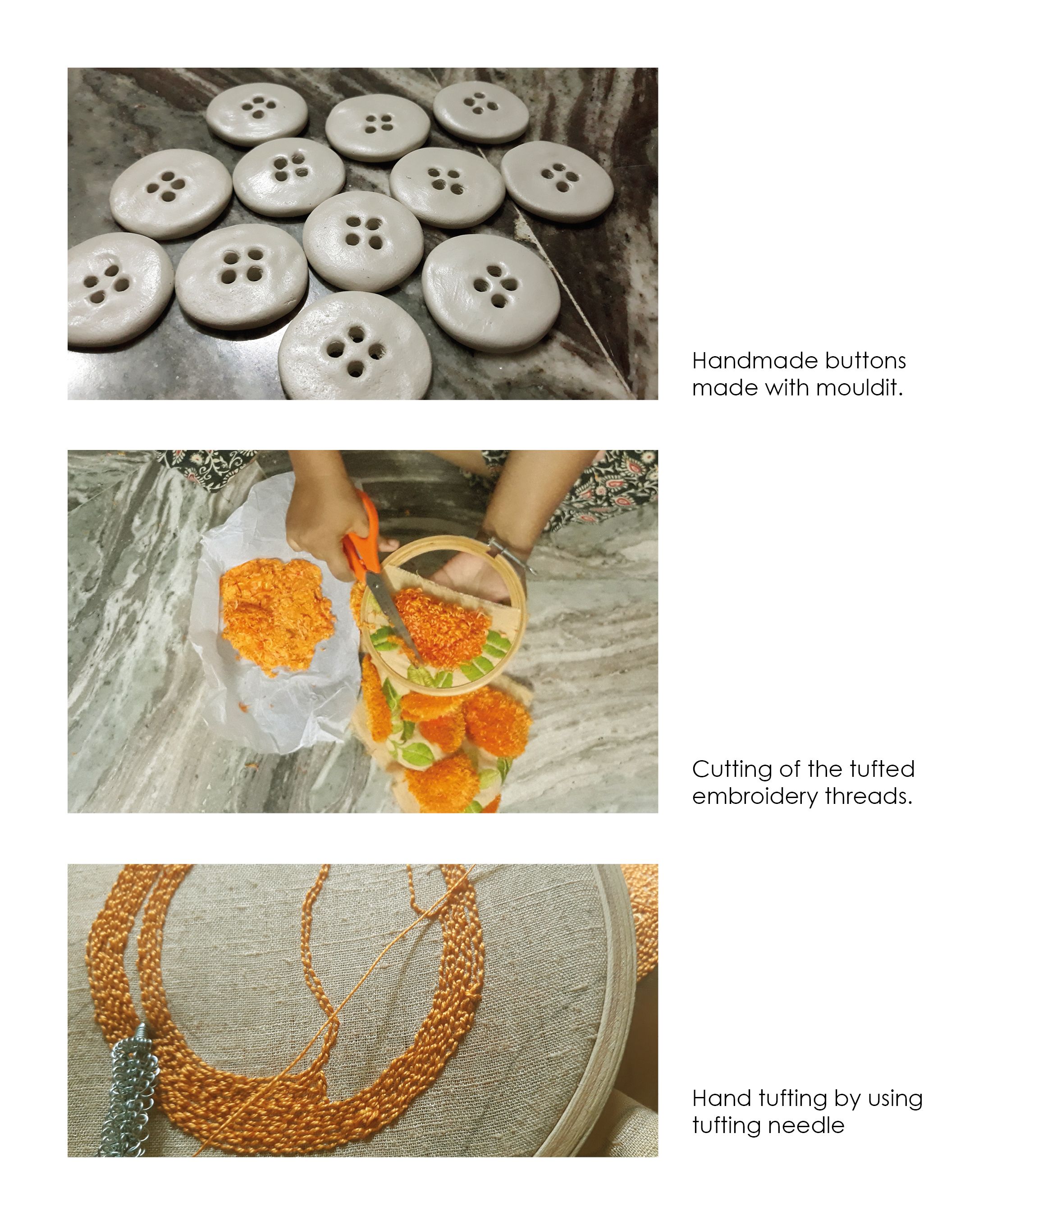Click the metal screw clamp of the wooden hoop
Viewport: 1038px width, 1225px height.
pos(511,551)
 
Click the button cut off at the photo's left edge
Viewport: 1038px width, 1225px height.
pos(115,289)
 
